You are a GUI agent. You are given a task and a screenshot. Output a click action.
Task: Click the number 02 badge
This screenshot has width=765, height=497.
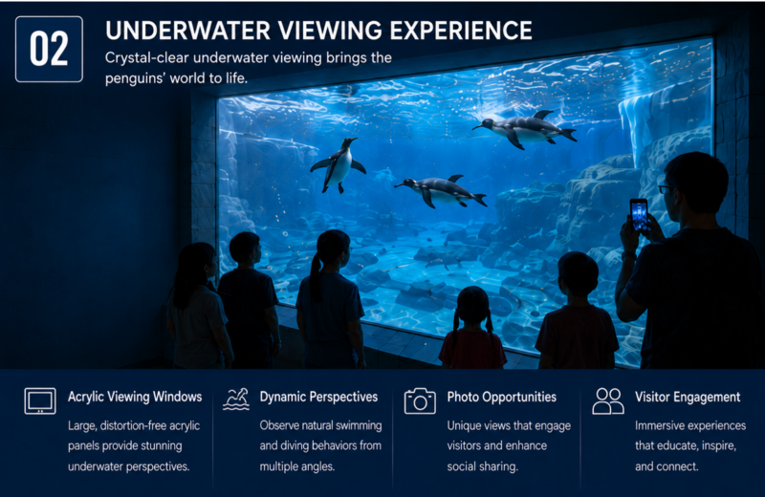point(49,49)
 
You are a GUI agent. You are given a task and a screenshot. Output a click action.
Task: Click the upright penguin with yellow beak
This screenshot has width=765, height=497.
point(339,164)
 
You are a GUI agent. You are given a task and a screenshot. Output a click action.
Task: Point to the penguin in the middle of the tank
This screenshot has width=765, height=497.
point(441,191)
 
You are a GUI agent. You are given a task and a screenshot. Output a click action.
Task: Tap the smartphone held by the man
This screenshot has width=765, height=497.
point(639,214)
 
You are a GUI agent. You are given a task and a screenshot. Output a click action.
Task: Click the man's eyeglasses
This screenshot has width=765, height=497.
point(666,188)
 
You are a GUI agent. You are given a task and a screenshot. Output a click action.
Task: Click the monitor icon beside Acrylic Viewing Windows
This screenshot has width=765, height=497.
point(40,400)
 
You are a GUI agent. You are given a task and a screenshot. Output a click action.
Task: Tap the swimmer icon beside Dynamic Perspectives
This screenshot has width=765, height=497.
point(236,400)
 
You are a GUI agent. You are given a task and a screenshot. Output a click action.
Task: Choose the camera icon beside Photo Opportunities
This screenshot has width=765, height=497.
point(420,400)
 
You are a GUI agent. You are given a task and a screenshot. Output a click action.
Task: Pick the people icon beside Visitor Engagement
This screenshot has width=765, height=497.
point(608,400)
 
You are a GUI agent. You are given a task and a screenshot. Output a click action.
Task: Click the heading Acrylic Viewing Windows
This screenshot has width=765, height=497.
point(135,397)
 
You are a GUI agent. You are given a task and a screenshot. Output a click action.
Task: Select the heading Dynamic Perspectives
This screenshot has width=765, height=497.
point(318,397)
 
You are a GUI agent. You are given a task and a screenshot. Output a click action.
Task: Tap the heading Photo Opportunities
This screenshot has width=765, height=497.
point(501,397)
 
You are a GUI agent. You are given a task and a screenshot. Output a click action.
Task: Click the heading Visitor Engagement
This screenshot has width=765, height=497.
point(688,397)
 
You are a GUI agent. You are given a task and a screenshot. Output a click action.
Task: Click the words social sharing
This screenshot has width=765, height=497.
point(482,466)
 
